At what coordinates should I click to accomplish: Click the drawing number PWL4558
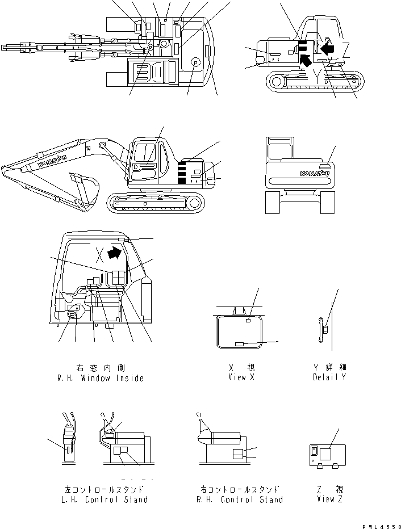pyautogui.click(x=380, y=524)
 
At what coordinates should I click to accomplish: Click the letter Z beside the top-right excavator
pyautogui.click(x=354, y=48)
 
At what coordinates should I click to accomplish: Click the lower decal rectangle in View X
pyautogui.click(x=240, y=344)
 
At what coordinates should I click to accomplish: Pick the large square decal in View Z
pyautogui.click(x=326, y=454)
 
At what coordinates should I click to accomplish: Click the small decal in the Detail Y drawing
pyautogui.click(x=325, y=330)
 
